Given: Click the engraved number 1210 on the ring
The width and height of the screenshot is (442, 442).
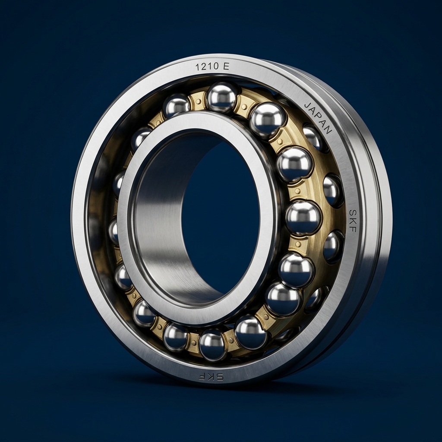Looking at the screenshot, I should pyautogui.click(x=206, y=67).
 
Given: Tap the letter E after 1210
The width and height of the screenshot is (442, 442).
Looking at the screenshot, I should pyautogui.click(x=226, y=67).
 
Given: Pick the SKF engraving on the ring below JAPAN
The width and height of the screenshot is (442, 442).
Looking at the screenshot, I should pyautogui.click(x=352, y=221).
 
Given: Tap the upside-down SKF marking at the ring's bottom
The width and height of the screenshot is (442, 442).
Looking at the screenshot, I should pyautogui.click(x=211, y=376).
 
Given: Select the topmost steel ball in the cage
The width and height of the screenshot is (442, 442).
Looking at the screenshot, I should pyautogui.click(x=222, y=97).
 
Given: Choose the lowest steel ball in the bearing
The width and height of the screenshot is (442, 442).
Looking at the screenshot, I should pyautogui.click(x=212, y=345).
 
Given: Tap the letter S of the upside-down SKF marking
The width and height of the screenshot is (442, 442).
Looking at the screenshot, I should pyautogui.click(x=220, y=377).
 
